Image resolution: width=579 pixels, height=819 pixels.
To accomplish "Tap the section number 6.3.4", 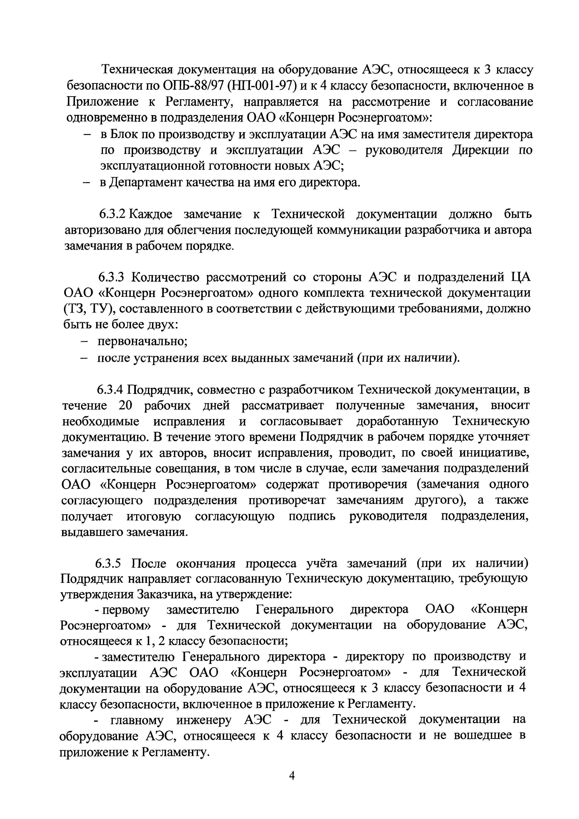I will point(110,390).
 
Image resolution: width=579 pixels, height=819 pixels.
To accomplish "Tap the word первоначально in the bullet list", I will point(143,341).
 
